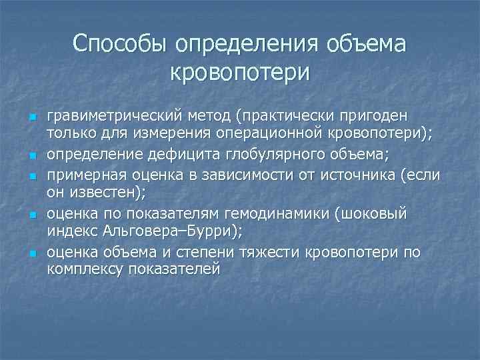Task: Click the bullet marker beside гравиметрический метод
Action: (31, 117)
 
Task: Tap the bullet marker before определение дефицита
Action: (31, 156)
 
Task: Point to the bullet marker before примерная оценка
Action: (31, 176)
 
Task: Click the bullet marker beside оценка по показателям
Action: (31, 215)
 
